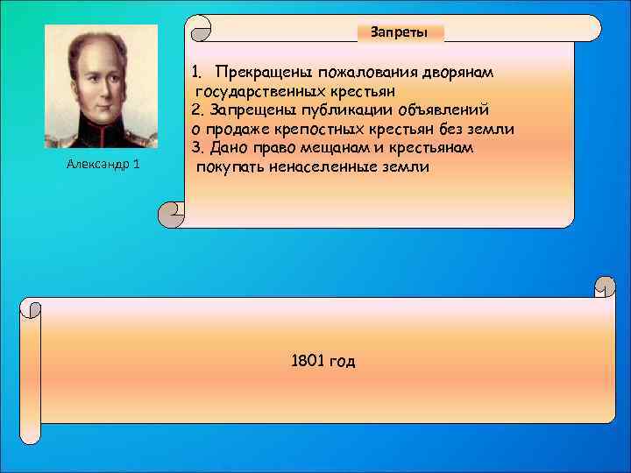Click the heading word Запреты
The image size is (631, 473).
pyautogui.click(x=400, y=32)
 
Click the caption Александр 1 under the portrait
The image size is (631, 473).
pyautogui.click(x=102, y=166)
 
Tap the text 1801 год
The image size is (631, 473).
pyautogui.click(x=323, y=360)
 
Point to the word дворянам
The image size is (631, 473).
pyautogui.click(x=463, y=71)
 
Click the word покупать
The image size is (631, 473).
pyautogui.click(x=228, y=166)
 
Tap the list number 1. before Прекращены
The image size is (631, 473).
pyautogui.click(x=198, y=71)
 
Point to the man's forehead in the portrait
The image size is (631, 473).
pyautogui.click(x=99, y=54)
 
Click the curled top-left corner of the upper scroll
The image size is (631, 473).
pyautogui.click(x=200, y=28)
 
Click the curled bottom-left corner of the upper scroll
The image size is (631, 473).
pyautogui.click(x=172, y=213)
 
